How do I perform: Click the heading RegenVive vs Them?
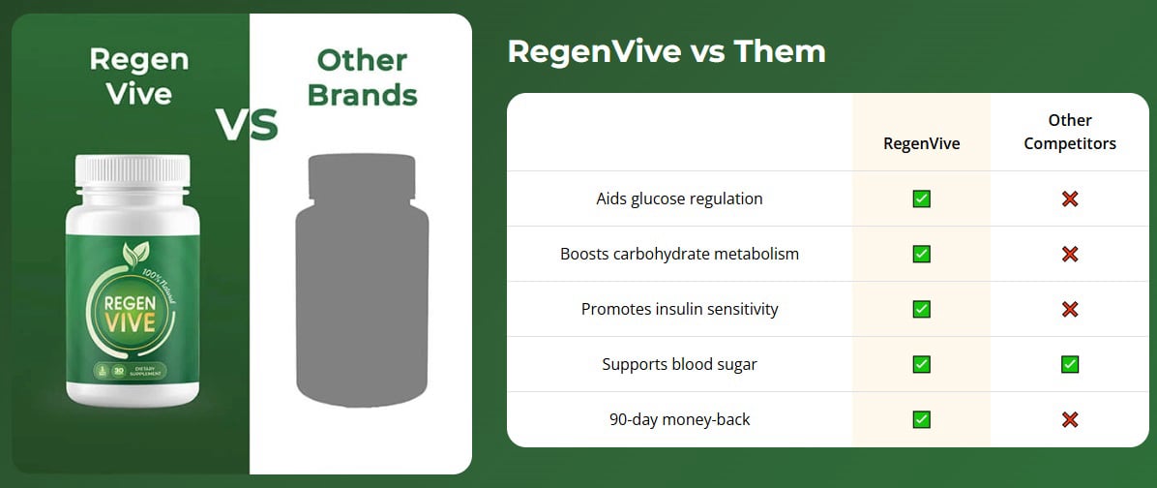coord(667,51)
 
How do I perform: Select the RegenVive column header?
coord(921,143)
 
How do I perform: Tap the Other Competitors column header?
coord(1069,132)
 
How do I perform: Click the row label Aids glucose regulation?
coord(679,198)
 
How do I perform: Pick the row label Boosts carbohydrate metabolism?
coord(679,254)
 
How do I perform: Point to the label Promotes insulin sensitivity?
coord(679,309)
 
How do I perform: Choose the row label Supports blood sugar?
coord(679,364)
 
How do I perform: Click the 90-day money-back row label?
coord(679,419)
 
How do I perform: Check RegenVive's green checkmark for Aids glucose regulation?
coord(921,198)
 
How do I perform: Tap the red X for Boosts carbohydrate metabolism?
coord(1069,254)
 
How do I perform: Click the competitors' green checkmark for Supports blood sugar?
coord(1069,364)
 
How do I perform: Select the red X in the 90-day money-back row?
coord(1069,419)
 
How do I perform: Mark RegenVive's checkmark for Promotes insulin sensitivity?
coord(921,309)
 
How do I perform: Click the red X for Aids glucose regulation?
coord(1069,198)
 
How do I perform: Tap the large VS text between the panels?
coord(246,125)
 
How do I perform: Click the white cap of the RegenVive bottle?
coord(133,171)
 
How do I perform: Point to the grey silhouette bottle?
coord(361,281)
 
